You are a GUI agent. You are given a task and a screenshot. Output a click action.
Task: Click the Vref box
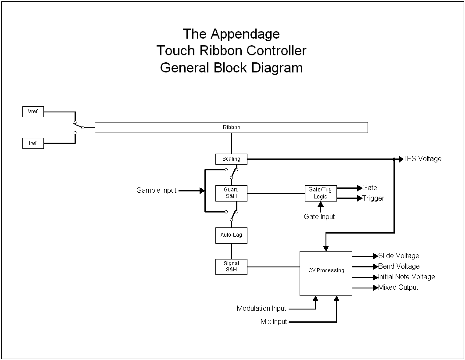[33, 112]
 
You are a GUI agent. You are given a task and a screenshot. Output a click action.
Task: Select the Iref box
[33, 143]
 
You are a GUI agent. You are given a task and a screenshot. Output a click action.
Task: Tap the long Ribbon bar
[231, 127]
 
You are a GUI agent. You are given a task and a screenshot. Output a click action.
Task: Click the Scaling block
[231, 159]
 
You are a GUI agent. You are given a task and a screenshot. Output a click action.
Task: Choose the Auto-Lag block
[231, 235]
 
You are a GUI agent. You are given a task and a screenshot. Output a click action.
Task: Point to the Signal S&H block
[231, 266]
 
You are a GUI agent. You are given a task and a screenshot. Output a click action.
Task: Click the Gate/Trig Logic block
[321, 193]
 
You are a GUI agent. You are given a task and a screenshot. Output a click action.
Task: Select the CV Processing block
[326, 273]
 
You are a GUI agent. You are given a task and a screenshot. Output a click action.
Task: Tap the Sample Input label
[157, 191]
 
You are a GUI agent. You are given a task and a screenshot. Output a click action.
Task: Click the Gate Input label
[319, 216]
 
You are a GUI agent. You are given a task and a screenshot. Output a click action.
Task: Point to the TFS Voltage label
[422, 159]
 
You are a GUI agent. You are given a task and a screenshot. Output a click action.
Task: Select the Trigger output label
[373, 198]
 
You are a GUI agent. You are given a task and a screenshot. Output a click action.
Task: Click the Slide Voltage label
[399, 256]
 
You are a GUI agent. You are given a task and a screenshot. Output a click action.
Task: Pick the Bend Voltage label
[399, 266]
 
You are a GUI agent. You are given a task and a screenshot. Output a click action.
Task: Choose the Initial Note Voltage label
[407, 277]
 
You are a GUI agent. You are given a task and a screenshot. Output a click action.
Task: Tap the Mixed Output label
[398, 288]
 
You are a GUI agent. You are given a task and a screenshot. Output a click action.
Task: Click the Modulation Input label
[261, 309]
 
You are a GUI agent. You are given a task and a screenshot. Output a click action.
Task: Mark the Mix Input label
[274, 322]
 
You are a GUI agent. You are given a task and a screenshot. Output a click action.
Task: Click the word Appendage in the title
[245, 34]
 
